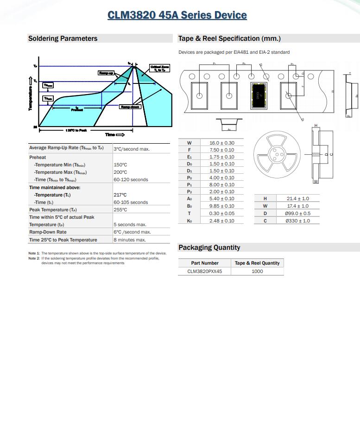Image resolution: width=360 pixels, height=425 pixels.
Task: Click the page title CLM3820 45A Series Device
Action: [177, 15]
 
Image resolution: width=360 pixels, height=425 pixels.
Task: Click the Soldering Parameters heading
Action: [63, 38]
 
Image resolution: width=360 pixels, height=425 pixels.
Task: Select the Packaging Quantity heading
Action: [209, 247]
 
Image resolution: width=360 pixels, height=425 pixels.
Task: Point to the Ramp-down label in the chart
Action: [130, 107]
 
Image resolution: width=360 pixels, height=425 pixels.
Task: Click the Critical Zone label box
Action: [160, 69]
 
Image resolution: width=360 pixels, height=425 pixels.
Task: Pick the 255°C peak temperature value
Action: [120, 210]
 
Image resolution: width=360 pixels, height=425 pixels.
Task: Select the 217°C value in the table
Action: [120, 195]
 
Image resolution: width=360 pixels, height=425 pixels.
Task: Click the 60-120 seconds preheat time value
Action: [131, 180]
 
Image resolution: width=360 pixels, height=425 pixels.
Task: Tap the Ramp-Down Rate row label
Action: [48, 232]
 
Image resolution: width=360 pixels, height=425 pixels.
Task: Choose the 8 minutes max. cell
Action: [130, 240]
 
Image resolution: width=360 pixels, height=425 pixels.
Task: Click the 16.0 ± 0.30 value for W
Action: [221, 143]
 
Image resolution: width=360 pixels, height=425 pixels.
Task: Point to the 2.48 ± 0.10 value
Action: [221, 221]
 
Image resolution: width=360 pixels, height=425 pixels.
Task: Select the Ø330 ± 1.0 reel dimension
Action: [298, 221]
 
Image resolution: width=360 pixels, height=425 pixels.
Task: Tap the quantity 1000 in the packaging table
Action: [257, 272]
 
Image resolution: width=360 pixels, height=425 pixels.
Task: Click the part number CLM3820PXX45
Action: [204, 272]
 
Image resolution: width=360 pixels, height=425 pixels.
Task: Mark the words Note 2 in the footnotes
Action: [34, 258]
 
